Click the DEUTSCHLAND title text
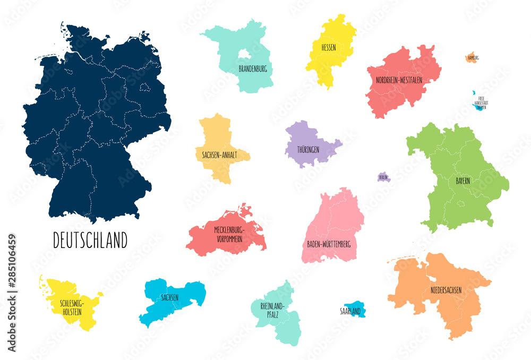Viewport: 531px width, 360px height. coord(90,241)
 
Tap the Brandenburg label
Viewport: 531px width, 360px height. coord(252,69)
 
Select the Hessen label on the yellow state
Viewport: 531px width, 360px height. coord(328,48)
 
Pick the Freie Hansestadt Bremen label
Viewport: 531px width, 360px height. coord(481,102)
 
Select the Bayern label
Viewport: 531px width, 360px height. coord(463,181)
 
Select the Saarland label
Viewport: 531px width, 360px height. coord(350,311)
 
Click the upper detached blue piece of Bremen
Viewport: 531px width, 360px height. coord(474,93)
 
